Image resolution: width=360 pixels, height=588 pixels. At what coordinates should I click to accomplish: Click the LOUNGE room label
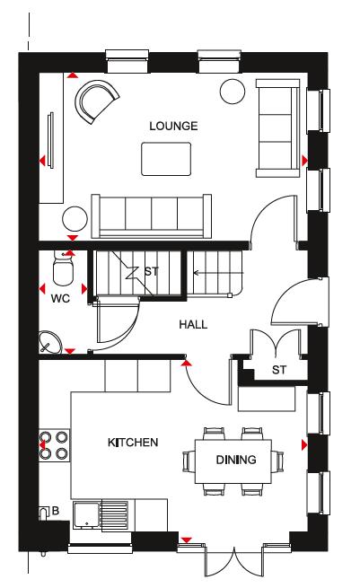[173, 126]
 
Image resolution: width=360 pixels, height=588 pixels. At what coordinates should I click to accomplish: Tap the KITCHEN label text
[133, 443]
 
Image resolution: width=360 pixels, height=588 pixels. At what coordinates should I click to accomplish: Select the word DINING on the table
[236, 460]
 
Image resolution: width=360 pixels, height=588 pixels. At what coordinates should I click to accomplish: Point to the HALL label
[193, 324]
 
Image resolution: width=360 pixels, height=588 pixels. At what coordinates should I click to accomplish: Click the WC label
[60, 299]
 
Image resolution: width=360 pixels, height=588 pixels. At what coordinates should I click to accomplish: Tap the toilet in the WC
[64, 268]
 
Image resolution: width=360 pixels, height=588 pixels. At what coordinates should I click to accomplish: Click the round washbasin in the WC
[50, 342]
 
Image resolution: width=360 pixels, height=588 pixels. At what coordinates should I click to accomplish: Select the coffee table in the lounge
[166, 159]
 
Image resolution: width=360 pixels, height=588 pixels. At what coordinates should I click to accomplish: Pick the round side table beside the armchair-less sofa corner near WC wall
[75, 218]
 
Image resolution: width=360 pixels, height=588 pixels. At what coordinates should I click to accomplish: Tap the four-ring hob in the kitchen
[55, 445]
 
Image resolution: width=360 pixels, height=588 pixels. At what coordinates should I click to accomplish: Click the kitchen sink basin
[86, 514]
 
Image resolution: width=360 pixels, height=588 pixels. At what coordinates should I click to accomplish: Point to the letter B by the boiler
[55, 511]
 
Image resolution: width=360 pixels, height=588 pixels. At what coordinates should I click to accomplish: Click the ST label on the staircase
[152, 271]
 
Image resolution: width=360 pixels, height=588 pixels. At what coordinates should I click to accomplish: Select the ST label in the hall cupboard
[279, 370]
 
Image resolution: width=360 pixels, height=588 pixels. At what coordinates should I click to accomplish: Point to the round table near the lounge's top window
[233, 92]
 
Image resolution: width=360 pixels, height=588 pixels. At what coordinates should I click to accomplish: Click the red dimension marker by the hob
[42, 445]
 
